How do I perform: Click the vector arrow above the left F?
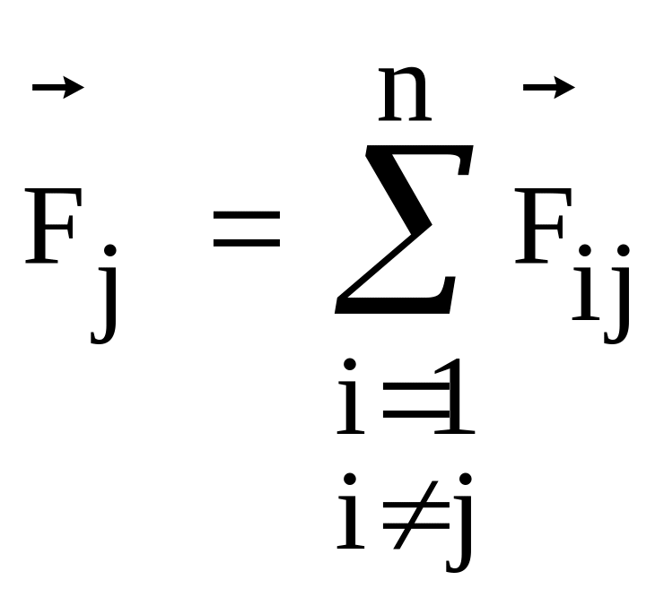point(57,87)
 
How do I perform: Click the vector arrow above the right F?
point(548,87)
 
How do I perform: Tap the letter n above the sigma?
point(406,97)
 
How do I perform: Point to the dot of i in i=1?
point(352,366)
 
